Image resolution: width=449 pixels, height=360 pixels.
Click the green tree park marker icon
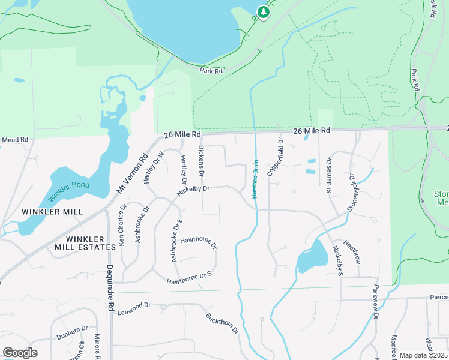pos(262,11)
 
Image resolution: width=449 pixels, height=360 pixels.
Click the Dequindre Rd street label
pos(110,288)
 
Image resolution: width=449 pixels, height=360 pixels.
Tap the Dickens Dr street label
pos(202,161)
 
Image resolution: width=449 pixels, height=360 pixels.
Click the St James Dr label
pos(329,176)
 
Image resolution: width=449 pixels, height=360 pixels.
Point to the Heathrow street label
pos(352,253)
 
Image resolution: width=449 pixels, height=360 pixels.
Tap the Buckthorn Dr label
pos(222,323)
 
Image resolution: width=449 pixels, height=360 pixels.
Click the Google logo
pos(20,353)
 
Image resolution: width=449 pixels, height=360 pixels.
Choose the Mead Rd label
pos(15,140)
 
